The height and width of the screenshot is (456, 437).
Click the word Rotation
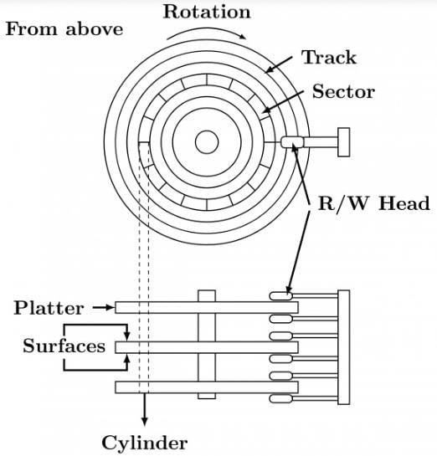[x=207, y=13]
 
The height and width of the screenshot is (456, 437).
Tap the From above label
[x=64, y=29]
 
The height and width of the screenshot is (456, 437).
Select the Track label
[x=329, y=57]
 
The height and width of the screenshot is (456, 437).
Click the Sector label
[x=343, y=91]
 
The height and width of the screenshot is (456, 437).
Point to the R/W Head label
[x=374, y=203]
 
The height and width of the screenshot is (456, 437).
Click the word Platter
[x=49, y=308]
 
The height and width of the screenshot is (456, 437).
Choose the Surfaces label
[x=64, y=346]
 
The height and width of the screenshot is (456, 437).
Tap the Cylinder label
[x=145, y=443]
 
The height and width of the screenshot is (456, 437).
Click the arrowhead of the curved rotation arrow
[x=242, y=36]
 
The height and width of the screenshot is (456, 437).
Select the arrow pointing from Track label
[x=279, y=65]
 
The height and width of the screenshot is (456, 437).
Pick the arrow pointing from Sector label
[x=282, y=101]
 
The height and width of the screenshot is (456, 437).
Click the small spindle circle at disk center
[x=207, y=142]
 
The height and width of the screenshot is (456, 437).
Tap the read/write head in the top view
[x=292, y=142]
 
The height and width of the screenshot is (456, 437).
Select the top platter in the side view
[x=207, y=307]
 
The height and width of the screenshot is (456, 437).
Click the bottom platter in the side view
[x=207, y=387]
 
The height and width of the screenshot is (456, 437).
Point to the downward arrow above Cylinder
[x=145, y=409]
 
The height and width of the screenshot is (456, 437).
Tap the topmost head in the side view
[x=280, y=296]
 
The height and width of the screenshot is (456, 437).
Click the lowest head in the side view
[x=280, y=399]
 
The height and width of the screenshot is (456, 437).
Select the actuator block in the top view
[x=343, y=142]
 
